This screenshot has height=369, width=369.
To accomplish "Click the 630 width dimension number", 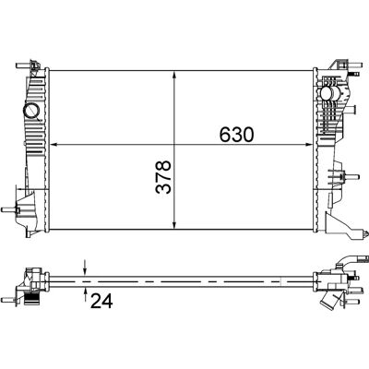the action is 237,135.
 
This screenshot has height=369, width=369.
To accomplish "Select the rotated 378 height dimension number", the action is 163,177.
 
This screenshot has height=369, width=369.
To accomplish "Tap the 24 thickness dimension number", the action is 101,301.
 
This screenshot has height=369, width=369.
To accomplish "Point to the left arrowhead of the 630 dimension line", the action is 54,144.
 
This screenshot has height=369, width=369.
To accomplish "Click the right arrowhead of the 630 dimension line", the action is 308,144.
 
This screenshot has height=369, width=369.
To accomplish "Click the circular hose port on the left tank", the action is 31,111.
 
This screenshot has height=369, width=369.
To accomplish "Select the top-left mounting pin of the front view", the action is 24,65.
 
